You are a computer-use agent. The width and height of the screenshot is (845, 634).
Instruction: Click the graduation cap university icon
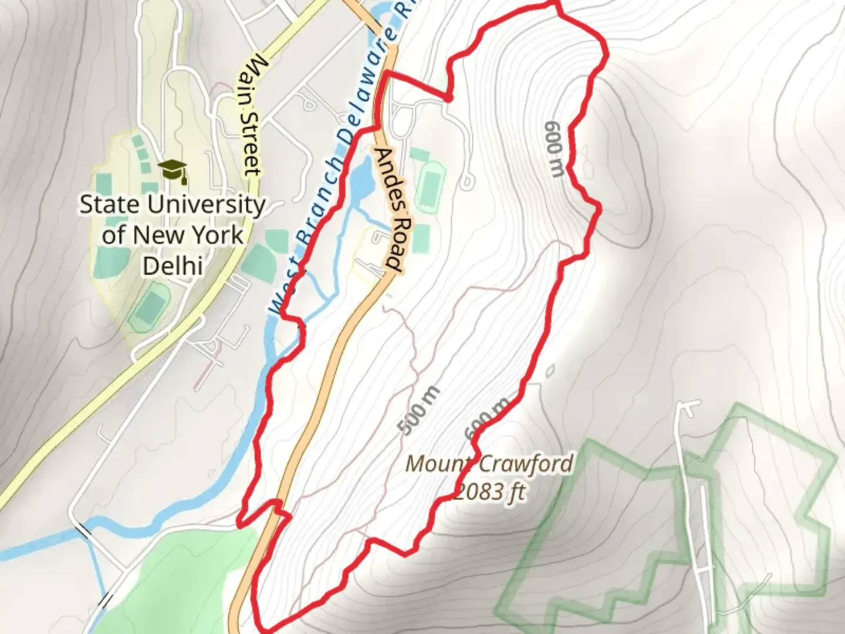(x=173, y=171)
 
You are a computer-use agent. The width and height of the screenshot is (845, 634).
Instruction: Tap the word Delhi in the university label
(x=173, y=266)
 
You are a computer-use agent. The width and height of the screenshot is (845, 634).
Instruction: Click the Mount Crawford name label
(x=489, y=464)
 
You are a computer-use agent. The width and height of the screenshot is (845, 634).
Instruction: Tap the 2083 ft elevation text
(x=491, y=491)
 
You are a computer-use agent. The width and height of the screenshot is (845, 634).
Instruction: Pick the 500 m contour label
(x=418, y=410)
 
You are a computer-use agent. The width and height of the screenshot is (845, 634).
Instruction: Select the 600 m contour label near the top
(x=555, y=149)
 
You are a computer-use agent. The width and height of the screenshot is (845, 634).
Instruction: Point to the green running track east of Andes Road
(x=430, y=187)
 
